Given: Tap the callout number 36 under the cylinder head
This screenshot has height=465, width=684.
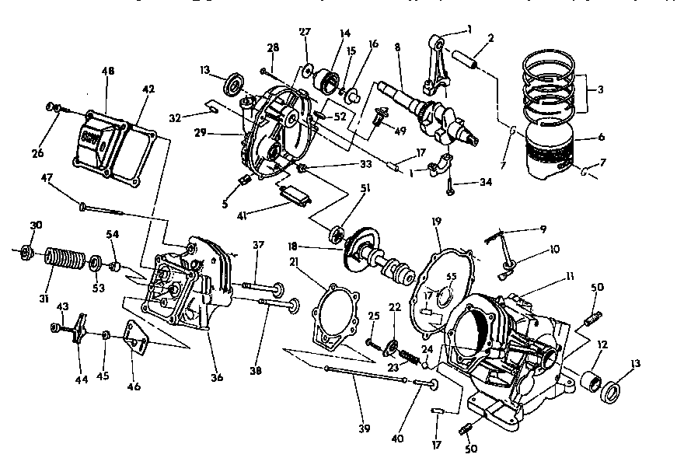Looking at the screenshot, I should click(x=217, y=378).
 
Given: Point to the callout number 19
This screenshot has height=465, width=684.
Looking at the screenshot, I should click(x=437, y=222).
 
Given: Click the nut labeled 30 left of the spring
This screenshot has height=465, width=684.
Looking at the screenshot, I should click(x=26, y=250).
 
